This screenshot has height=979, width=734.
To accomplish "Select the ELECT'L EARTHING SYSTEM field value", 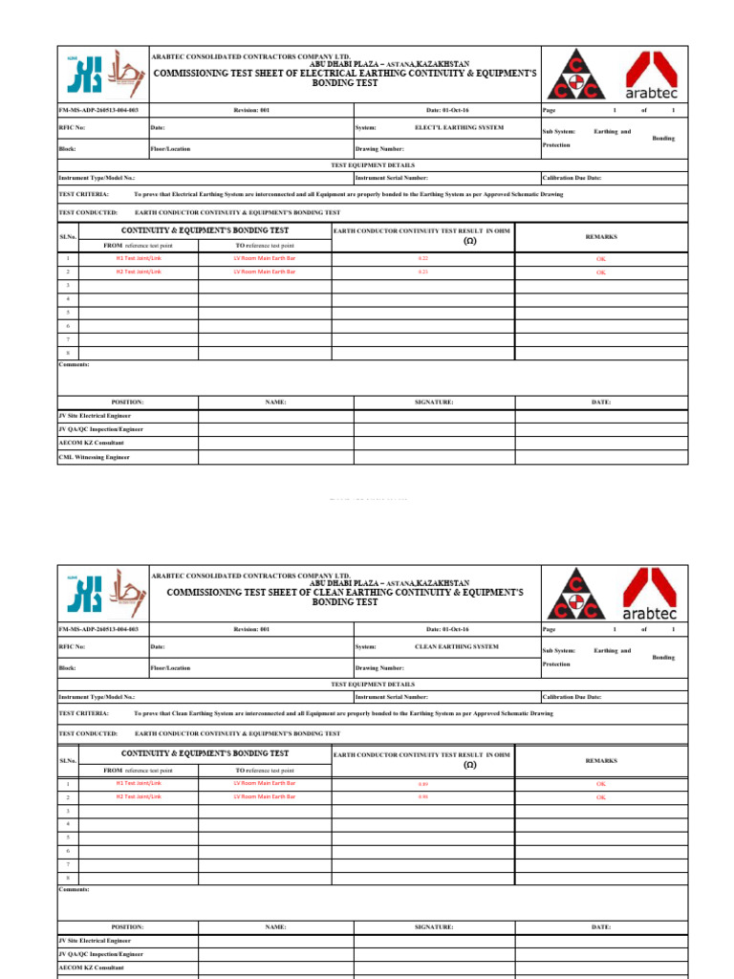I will click(x=459, y=127).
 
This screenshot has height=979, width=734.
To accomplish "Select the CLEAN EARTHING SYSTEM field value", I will click(x=456, y=647).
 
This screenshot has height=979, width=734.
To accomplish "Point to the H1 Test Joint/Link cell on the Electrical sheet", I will click(x=139, y=258).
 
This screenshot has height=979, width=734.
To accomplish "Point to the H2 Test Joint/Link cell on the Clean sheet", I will click(x=139, y=796).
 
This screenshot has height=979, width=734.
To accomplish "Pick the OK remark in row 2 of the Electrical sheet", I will click(x=601, y=272).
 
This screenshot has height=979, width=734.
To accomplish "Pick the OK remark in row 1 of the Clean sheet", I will click(x=601, y=783).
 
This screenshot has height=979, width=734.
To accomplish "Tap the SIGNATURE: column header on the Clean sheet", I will click(x=433, y=926).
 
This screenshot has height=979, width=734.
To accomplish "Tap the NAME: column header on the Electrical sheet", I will click(x=275, y=402).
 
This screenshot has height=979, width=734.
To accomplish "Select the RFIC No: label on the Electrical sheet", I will click(x=73, y=127).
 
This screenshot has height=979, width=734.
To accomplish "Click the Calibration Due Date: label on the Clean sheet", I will click(x=572, y=698).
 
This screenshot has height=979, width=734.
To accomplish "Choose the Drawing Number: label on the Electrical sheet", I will click(x=379, y=149).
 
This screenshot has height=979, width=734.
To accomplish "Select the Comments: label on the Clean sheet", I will click(x=75, y=889).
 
